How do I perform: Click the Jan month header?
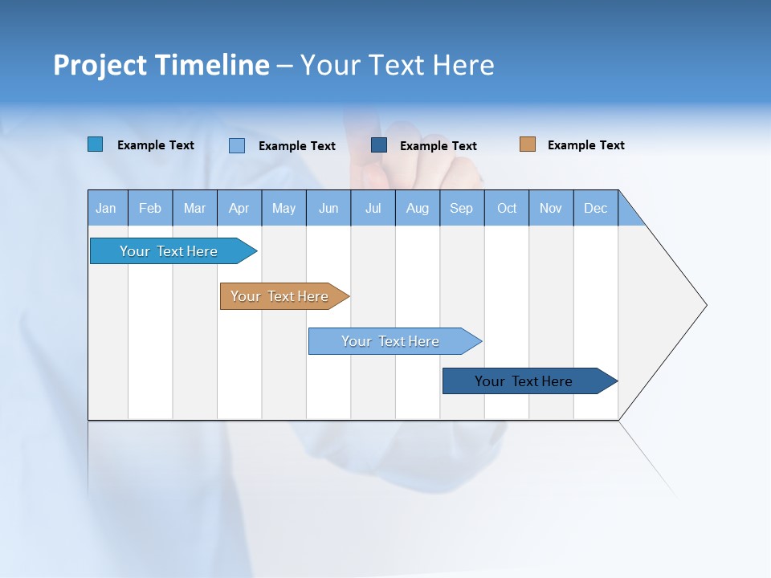click(x=107, y=208)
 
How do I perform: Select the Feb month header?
click(x=150, y=208)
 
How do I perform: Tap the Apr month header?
click(x=239, y=208)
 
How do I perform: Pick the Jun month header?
click(x=328, y=208)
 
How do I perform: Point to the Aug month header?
click(x=418, y=208)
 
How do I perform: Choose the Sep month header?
click(x=462, y=208)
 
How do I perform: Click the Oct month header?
click(x=507, y=208)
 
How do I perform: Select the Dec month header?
click(x=596, y=208)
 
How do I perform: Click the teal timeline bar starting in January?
click(x=169, y=251)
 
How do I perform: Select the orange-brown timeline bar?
click(x=279, y=296)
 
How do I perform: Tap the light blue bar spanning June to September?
click(x=390, y=341)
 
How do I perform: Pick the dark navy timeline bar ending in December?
click(x=524, y=381)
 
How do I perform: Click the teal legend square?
click(x=96, y=144)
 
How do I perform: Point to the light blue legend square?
click(x=237, y=145)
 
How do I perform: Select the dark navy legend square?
click(x=379, y=145)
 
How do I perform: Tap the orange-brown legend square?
click(x=528, y=144)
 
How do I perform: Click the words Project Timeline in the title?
click(x=161, y=65)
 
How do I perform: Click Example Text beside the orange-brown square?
click(x=585, y=145)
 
